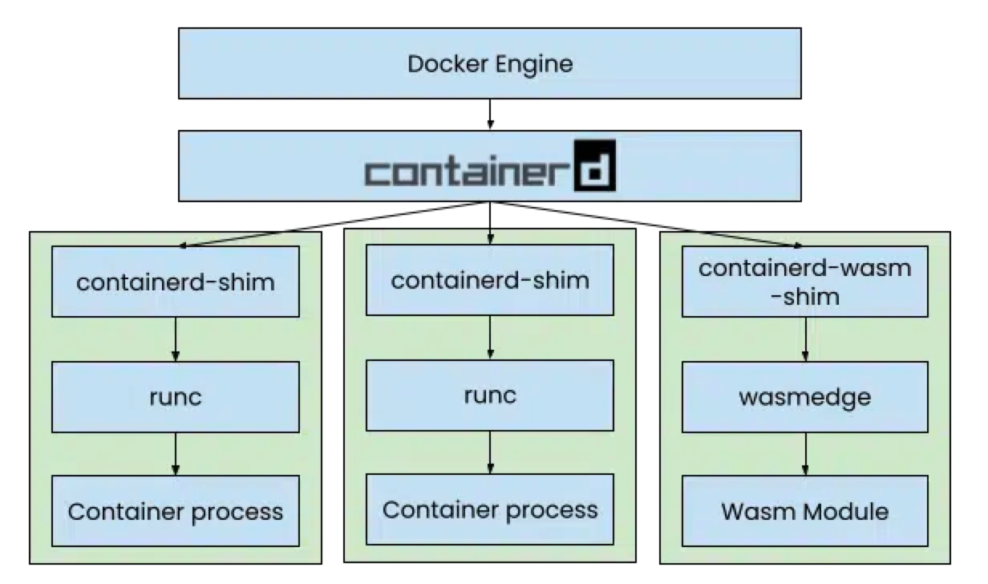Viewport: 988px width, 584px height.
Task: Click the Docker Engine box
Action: click(x=489, y=63)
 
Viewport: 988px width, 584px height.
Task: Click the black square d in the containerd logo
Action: click(x=594, y=167)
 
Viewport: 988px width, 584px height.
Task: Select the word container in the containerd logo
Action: click(x=467, y=172)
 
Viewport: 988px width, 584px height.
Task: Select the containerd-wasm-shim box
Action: click(x=804, y=282)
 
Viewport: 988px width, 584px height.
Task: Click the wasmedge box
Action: click(x=804, y=397)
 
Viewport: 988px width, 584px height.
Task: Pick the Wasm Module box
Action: click(x=804, y=511)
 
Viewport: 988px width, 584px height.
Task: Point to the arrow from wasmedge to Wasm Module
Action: click(x=805, y=454)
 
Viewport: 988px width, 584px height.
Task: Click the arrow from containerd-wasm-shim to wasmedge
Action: click(x=805, y=339)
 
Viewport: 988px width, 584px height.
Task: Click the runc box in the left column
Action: click(x=175, y=397)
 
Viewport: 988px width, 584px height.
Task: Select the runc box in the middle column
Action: click(x=489, y=395)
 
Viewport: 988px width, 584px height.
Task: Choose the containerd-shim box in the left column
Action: click(x=175, y=282)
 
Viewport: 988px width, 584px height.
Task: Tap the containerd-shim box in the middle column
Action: click(x=489, y=280)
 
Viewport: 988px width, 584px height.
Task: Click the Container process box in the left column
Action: click(x=175, y=511)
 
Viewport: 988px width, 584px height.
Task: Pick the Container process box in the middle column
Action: click(x=489, y=509)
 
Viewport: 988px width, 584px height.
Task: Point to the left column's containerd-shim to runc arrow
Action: click(x=175, y=339)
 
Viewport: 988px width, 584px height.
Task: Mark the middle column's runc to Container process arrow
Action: click(x=489, y=452)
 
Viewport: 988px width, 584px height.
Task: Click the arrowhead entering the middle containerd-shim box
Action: click(x=489, y=239)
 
